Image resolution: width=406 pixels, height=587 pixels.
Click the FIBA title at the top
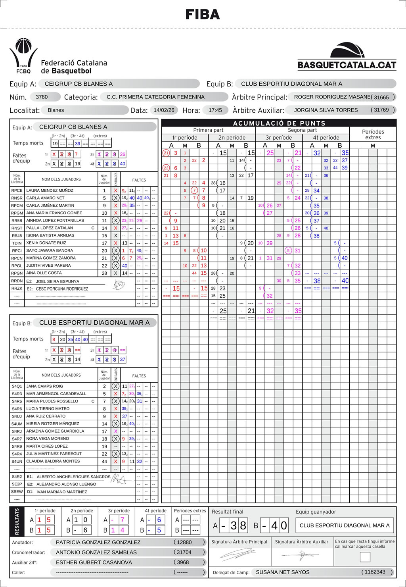click(x=203, y=15)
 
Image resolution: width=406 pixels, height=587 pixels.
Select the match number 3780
click(x=42, y=97)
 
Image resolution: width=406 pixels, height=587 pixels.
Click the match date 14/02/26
click(x=164, y=110)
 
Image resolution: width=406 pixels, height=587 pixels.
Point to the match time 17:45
click(x=215, y=110)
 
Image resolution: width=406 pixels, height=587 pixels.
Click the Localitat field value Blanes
click(x=56, y=110)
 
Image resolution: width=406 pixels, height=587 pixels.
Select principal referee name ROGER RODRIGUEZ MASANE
click(x=332, y=97)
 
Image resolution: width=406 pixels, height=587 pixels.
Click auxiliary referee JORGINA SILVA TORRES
click(x=326, y=110)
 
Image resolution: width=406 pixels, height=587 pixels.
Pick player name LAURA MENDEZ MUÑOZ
click(x=50, y=191)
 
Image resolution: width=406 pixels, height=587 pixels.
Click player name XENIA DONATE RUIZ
click(x=46, y=243)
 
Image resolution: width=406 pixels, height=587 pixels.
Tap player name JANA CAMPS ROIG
click(x=44, y=386)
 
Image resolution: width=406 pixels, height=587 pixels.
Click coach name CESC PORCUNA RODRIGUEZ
click(x=62, y=289)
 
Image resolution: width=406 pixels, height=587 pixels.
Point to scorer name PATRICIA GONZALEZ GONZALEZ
click(x=98, y=542)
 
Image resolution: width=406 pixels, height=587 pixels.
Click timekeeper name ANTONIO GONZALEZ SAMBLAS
click(x=96, y=552)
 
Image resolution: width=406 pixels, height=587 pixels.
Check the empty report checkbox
click(x=365, y=557)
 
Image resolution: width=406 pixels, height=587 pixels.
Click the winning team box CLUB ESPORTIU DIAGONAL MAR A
click(x=345, y=525)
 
